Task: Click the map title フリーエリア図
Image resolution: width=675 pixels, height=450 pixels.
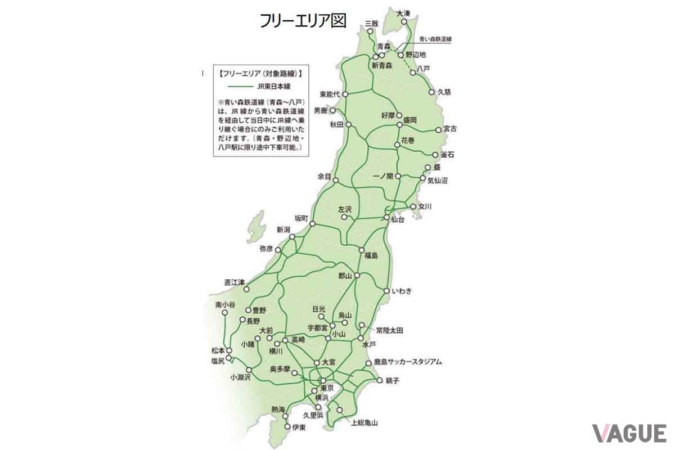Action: pos(303,20)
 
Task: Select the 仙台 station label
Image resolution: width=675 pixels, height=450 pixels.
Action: pos(397,219)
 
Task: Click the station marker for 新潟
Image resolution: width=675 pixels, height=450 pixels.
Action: pos(292,237)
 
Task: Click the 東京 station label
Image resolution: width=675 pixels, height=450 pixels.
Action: pos(327,389)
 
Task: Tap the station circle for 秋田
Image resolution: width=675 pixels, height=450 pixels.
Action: pos(349,124)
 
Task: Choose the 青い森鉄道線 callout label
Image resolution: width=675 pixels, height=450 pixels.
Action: pos(436,39)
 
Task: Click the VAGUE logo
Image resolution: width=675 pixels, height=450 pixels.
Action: pos(629,433)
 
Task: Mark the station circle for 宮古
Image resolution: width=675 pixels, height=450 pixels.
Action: pos(439,129)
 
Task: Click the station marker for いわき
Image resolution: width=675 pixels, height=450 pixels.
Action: pos(386,291)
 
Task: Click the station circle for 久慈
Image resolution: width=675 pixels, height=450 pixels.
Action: pos(432,92)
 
